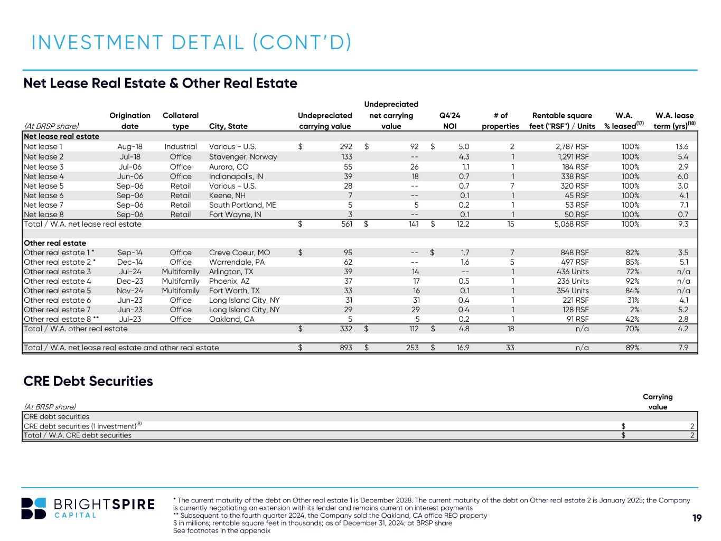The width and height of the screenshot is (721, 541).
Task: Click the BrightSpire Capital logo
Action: (88, 508)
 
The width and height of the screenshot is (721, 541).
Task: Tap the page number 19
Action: (697, 518)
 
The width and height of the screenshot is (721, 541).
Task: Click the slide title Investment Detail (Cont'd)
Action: (191, 43)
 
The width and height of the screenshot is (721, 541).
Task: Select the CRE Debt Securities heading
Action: (88, 381)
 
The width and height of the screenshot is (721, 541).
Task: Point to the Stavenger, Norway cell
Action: (242, 157)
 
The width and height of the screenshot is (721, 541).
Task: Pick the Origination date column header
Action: (130, 120)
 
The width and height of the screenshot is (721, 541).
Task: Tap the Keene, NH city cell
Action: (227, 195)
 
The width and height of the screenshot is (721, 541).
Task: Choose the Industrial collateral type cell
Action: (180, 147)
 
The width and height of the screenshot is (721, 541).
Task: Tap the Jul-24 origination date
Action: (130, 272)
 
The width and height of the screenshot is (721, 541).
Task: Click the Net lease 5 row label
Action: (44, 186)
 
